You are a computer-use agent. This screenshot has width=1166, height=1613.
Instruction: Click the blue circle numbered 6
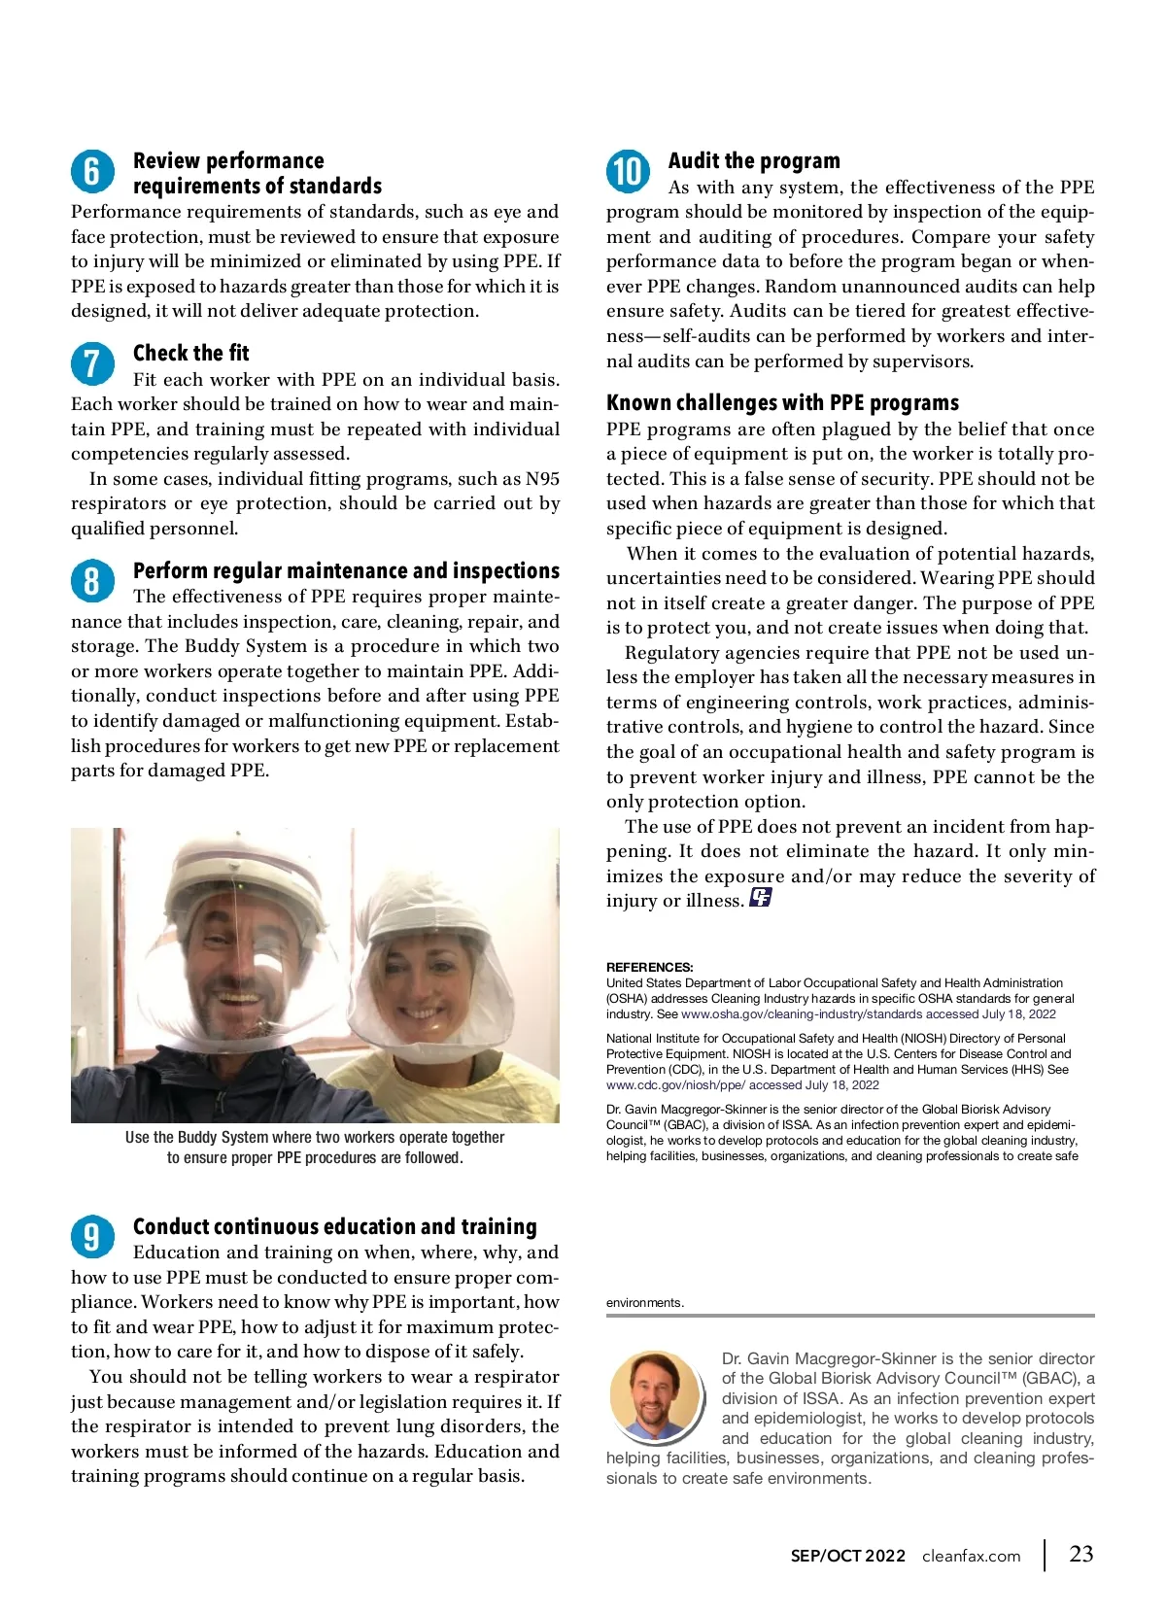[x=91, y=172]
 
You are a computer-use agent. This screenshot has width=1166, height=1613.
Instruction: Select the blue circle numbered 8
[x=91, y=581]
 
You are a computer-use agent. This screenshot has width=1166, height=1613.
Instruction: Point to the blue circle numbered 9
[x=91, y=1237]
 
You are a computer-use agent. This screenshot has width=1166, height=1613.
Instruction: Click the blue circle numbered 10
[x=628, y=172]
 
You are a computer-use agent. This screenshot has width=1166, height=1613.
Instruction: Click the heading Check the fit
[x=190, y=353]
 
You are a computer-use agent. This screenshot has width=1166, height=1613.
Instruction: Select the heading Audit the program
[x=754, y=161]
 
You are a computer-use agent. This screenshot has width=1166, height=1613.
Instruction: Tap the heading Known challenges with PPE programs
[x=782, y=403]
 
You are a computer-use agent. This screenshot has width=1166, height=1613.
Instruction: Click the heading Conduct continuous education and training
[x=334, y=1226]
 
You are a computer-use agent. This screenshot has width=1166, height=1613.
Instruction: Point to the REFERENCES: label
[x=649, y=967]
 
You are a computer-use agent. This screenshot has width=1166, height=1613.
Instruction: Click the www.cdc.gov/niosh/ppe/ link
[x=675, y=1084]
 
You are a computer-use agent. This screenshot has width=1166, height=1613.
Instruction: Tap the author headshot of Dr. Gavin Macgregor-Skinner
[x=655, y=1395]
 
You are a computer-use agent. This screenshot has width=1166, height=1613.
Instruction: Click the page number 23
[x=1080, y=1554]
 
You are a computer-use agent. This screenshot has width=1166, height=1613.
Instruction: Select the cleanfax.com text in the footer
[x=971, y=1556]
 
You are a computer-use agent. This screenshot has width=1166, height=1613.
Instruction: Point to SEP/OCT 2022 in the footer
[x=847, y=1556]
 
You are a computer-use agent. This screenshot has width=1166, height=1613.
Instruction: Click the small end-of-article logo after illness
[x=760, y=898]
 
